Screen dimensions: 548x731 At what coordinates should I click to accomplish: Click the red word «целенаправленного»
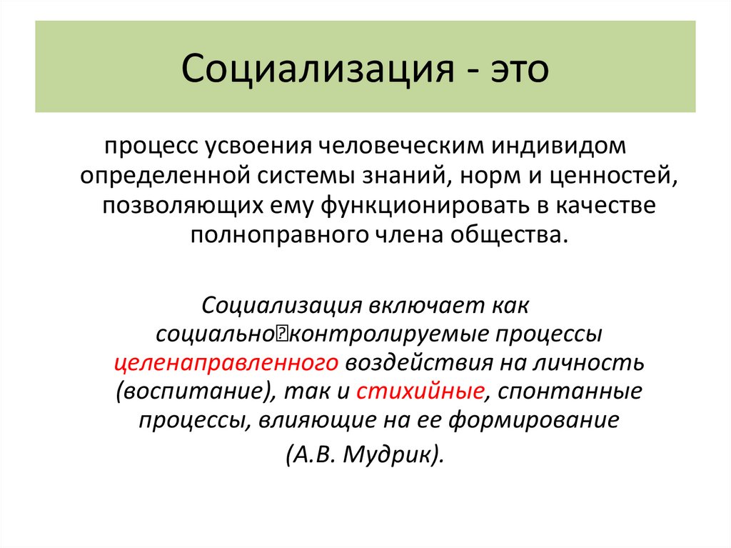click(226, 362)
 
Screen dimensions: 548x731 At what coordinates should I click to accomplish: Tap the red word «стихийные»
click(420, 391)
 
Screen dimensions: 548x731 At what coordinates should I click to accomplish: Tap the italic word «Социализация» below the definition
click(283, 305)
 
